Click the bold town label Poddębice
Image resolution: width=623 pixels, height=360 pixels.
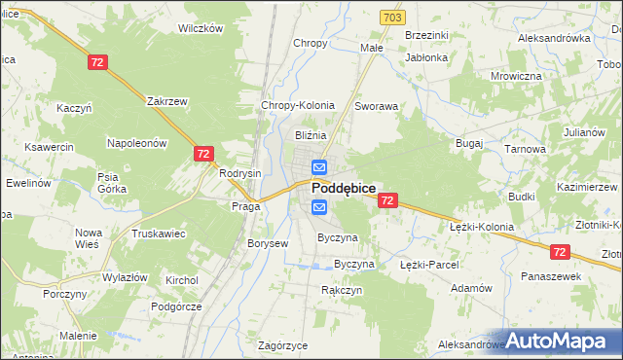(344, 189)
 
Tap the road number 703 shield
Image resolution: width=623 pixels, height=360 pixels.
(392, 18)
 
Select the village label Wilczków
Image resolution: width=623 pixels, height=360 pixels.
(201, 28)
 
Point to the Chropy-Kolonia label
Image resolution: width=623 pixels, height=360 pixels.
(298, 105)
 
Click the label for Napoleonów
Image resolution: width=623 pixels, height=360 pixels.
(137, 143)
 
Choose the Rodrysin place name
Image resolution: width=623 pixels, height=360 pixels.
(240, 173)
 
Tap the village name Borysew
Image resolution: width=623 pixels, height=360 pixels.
(268, 243)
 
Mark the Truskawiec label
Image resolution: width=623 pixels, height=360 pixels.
(159, 234)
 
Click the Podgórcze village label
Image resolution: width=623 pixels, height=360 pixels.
(176, 306)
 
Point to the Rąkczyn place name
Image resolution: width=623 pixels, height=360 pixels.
(342, 290)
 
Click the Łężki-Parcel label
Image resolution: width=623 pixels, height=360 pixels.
(429, 264)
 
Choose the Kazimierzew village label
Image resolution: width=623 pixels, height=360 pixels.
(588, 186)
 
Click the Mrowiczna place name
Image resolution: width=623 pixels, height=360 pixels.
(516, 75)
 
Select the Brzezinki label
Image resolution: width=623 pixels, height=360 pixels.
(426, 35)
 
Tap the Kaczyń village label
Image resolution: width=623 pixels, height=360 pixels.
(74, 108)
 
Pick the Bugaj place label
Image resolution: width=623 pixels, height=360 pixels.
(469, 143)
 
